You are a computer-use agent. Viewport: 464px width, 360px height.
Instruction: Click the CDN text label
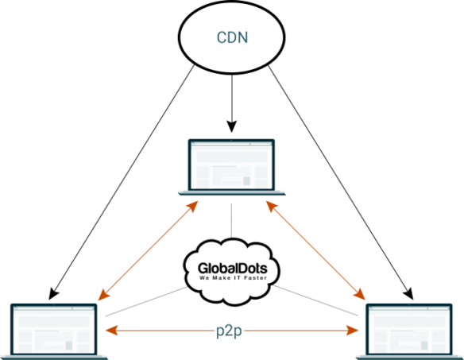[232, 37]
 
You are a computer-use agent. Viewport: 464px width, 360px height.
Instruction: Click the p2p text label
[229, 331]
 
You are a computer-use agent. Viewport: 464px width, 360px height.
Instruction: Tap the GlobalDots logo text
[233, 269]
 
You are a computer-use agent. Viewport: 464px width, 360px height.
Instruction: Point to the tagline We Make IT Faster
[233, 277]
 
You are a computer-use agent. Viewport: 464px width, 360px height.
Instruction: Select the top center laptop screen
[231, 165]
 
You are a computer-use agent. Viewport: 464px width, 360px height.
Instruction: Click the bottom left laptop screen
[54, 330]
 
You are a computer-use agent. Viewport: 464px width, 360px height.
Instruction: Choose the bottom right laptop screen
[409, 330]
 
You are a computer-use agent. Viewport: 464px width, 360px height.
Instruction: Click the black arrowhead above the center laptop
[232, 126]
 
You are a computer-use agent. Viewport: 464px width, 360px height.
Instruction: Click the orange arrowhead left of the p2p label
[111, 330]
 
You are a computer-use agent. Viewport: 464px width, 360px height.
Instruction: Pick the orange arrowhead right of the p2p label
[353, 330]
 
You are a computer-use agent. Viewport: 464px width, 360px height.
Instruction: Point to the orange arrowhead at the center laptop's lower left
[192, 206]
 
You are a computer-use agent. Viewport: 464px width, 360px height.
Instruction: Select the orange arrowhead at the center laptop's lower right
[272, 206]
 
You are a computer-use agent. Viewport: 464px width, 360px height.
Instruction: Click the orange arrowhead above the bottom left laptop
[103, 295]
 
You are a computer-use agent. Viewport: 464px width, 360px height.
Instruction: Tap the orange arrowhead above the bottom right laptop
[360, 294]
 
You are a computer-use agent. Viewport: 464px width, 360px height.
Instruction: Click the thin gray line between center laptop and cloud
[231, 221]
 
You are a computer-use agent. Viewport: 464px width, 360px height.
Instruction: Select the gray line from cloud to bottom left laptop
[146, 301]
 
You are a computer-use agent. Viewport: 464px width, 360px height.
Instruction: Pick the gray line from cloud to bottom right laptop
[315, 300]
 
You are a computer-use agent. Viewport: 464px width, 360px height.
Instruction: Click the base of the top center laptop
[232, 193]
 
